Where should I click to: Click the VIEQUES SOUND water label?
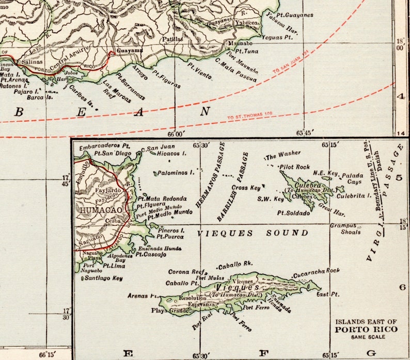(253, 233)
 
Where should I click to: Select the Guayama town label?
(129, 51)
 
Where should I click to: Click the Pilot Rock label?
(294, 167)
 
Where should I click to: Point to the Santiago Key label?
(104, 277)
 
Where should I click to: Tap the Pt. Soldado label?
(294, 212)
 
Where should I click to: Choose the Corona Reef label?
(183, 271)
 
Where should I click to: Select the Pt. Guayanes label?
(295, 15)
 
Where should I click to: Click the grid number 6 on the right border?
(402, 287)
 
